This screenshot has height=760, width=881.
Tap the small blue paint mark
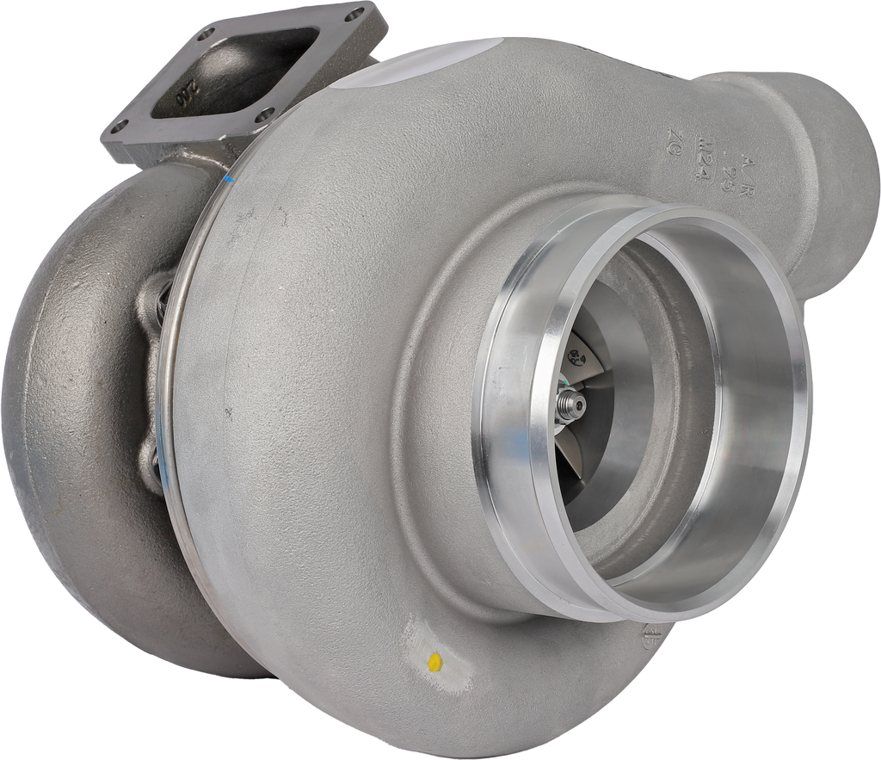click(x=229, y=180)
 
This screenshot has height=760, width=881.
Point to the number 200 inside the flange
click(x=185, y=95)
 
